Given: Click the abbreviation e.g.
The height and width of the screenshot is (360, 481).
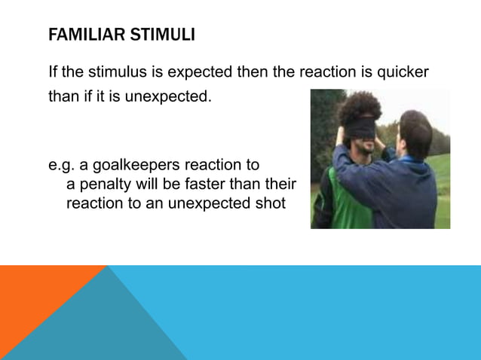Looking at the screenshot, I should tap(61, 165).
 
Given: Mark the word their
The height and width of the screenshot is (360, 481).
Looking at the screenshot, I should tap(280, 185).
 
